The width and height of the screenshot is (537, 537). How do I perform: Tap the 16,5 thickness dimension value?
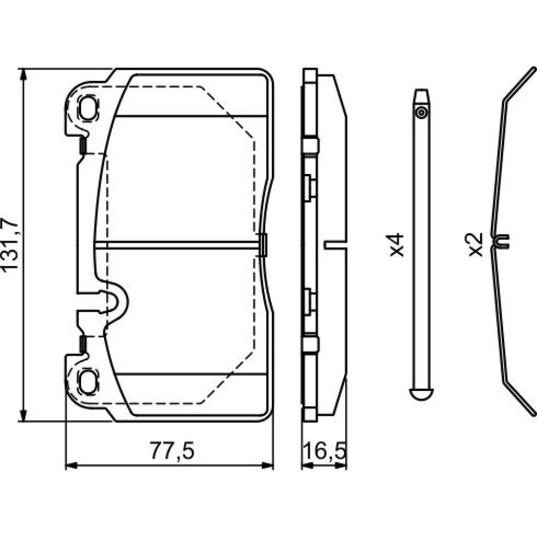point(324,451)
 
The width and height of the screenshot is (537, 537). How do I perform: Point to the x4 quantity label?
point(397,245)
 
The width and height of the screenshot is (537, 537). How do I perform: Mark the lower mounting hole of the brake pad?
point(88,381)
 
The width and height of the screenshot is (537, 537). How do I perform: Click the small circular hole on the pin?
point(421,113)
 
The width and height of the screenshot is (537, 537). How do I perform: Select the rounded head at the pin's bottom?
point(421,394)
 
